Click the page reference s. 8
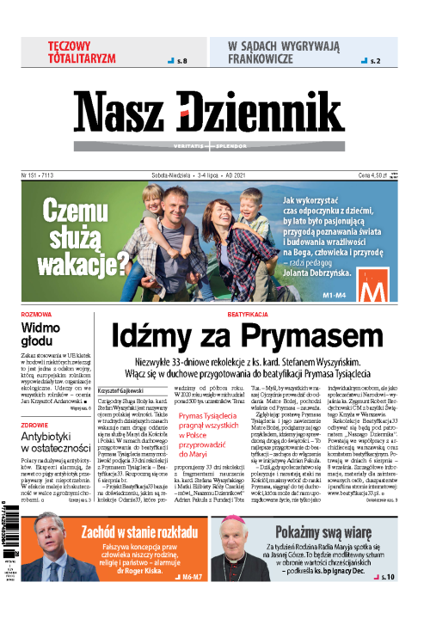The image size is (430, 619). (180, 61)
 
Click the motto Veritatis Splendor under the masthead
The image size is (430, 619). (214, 145)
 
